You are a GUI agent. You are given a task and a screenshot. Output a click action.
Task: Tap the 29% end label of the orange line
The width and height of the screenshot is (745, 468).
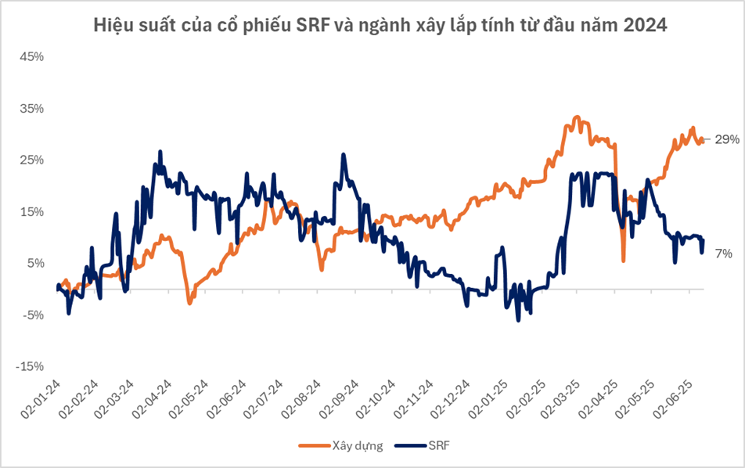tap(727, 139)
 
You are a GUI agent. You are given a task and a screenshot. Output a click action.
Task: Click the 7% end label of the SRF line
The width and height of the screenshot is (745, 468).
tap(725, 254)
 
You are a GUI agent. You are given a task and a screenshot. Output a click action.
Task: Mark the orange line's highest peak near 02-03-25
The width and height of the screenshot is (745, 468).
tap(577, 117)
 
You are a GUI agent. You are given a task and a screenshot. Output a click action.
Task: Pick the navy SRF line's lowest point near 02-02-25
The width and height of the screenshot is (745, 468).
tap(518, 320)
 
